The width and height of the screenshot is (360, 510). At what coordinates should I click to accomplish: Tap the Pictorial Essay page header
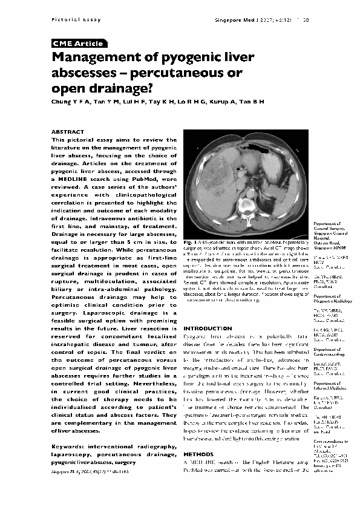point(67,20)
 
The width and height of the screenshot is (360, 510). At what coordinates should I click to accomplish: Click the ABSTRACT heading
point(68,131)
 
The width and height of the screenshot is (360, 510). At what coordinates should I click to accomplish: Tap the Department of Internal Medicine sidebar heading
point(331,387)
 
